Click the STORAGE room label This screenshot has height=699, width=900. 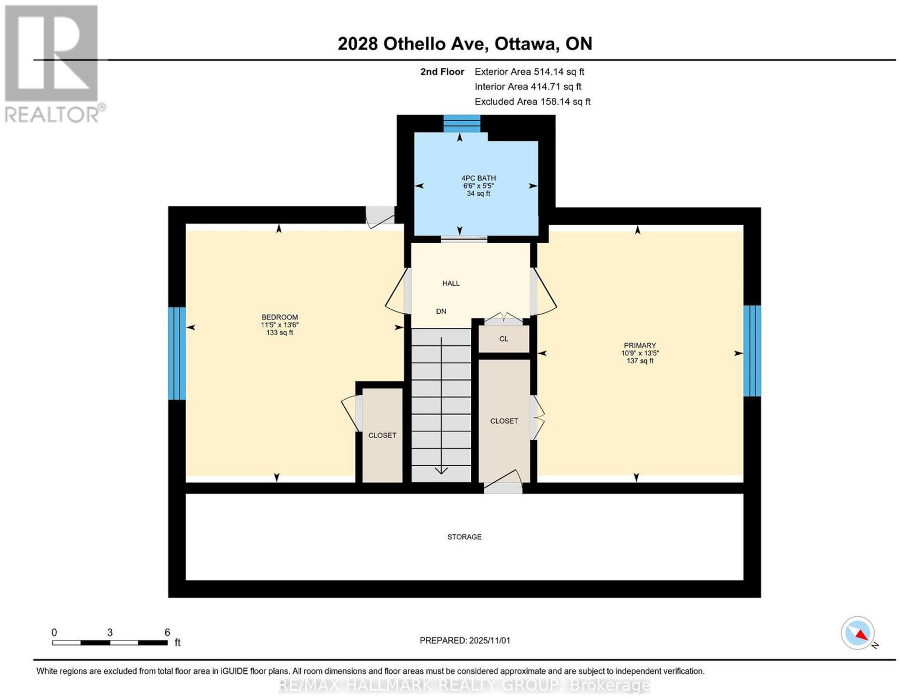click(x=464, y=537)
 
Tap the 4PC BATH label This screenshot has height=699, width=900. click(x=478, y=178)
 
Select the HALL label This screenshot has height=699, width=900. click(x=451, y=283)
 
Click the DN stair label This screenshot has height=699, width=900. click(x=440, y=311)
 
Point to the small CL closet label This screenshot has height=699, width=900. click(x=503, y=339)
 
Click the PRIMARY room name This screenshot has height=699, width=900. click(x=640, y=346)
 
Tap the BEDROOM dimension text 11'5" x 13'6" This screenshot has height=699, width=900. click(x=280, y=325)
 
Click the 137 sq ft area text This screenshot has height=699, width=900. click(x=640, y=361)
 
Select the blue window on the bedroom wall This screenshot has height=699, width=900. click(x=177, y=353)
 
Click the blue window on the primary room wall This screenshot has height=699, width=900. click(x=751, y=351)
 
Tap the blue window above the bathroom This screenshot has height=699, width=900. click(x=462, y=124)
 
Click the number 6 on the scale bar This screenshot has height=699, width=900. click(x=167, y=633)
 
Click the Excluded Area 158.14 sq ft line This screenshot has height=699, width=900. click(x=532, y=102)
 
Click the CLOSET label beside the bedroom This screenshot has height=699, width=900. click(x=382, y=435)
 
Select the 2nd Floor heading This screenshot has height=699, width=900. click(x=442, y=71)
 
